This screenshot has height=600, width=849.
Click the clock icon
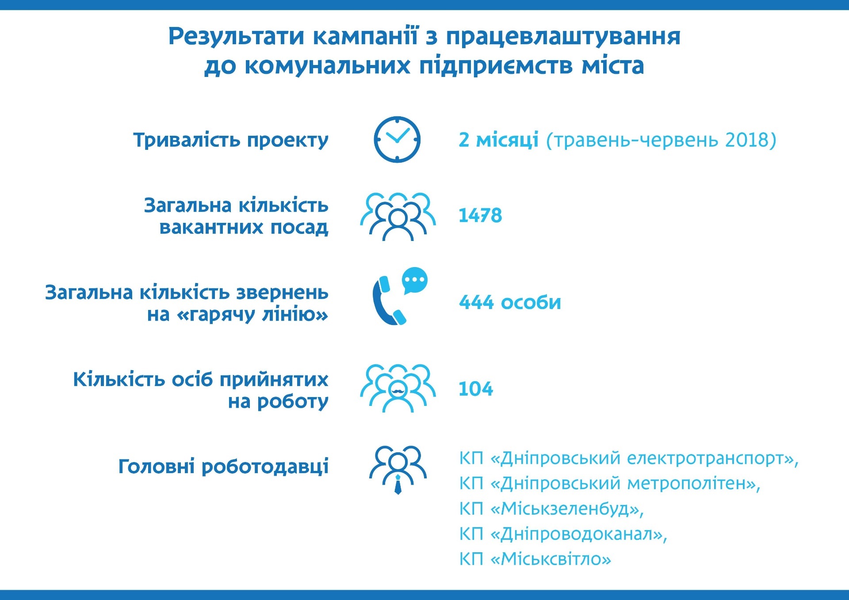click(397, 139)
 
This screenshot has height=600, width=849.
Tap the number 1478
click(480, 216)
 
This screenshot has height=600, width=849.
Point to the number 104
click(476, 389)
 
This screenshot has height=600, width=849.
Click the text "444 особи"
click(510, 302)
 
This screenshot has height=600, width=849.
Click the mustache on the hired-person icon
click(398, 390)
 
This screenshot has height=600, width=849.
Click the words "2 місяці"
click(498, 140)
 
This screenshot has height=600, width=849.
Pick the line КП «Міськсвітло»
click(535, 559)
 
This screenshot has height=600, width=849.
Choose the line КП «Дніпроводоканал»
click(563, 534)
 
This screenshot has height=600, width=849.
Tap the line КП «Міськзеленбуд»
click(551, 509)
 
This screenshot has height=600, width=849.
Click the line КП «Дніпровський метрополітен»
click(610, 484)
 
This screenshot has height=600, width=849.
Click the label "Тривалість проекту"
click(231, 140)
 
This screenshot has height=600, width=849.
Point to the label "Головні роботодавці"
click(223, 466)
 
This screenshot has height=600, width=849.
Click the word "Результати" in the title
click(236, 37)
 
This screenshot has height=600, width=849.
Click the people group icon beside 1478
click(398, 216)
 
